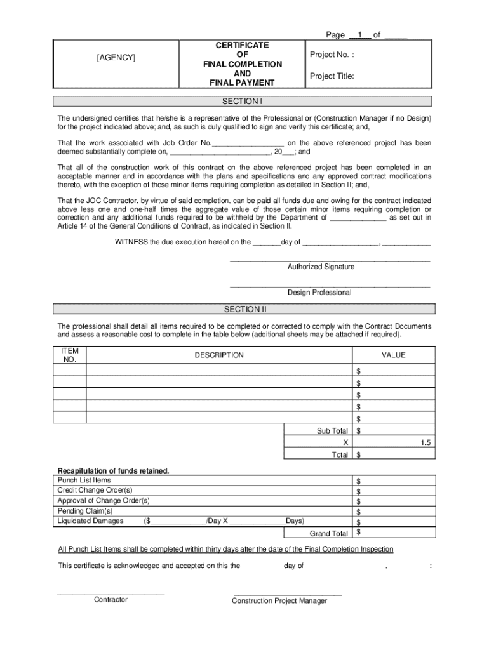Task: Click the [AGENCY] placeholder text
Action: (x=116, y=58)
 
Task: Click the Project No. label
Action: (x=332, y=55)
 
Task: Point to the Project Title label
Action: (x=332, y=76)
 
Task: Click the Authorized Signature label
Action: (x=321, y=267)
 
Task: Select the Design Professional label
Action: (x=319, y=293)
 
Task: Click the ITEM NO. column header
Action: (x=70, y=355)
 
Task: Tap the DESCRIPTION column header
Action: (x=219, y=355)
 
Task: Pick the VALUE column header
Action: (x=393, y=355)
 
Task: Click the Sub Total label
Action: (x=332, y=431)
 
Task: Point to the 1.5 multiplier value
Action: (x=426, y=443)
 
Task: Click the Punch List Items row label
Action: (x=84, y=481)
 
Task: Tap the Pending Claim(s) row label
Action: (x=85, y=511)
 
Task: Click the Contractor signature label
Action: (x=111, y=600)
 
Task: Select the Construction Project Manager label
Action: (x=279, y=601)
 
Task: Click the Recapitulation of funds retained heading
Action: (x=114, y=470)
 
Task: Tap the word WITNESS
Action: (x=131, y=242)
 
